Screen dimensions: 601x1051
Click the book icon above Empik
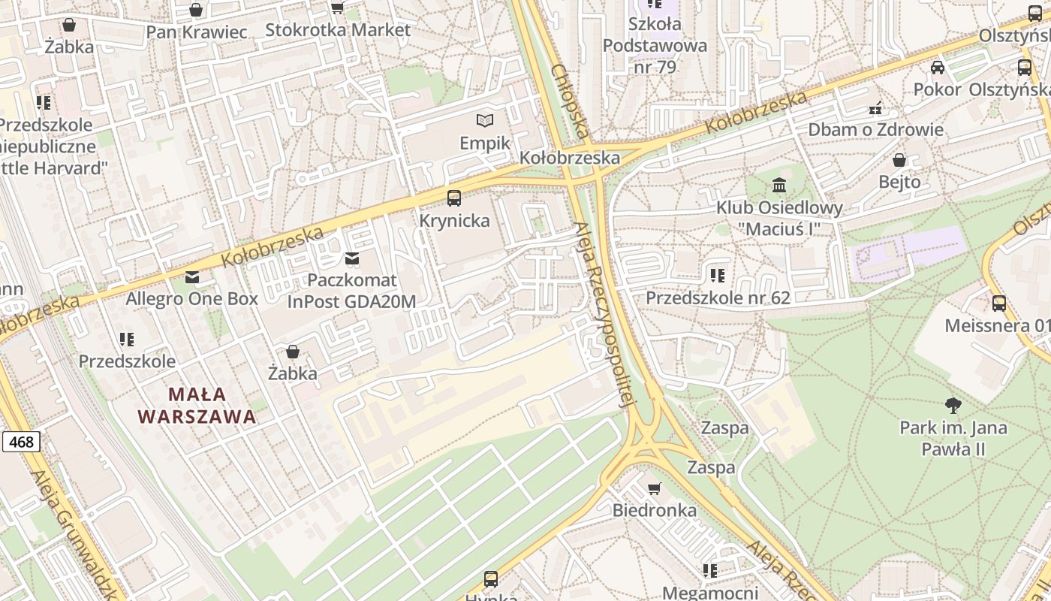(486, 120)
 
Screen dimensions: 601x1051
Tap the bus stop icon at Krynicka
(454, 198)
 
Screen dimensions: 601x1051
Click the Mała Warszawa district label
(197, 405)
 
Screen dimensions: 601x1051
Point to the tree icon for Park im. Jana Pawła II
(953, 406)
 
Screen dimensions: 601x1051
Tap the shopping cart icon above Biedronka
(655, 488)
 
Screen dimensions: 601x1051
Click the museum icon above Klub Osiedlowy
(779, 185)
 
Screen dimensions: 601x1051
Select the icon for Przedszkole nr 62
(718, 276)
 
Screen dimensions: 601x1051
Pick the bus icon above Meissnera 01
(998, 304)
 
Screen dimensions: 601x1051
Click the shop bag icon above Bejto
(899, 160)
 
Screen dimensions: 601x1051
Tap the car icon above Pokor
(938, 68)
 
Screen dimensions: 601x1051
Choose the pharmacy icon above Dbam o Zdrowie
(875, 107)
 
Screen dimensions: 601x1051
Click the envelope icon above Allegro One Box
(192, 277)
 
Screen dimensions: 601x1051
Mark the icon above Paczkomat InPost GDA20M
(351, 259)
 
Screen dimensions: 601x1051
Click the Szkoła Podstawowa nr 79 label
(655, 45)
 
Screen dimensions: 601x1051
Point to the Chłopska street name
(570, 101)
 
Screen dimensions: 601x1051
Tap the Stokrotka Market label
(338, 30)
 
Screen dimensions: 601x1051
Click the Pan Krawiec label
(196, 32)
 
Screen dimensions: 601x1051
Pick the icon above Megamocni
(709, 571)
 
